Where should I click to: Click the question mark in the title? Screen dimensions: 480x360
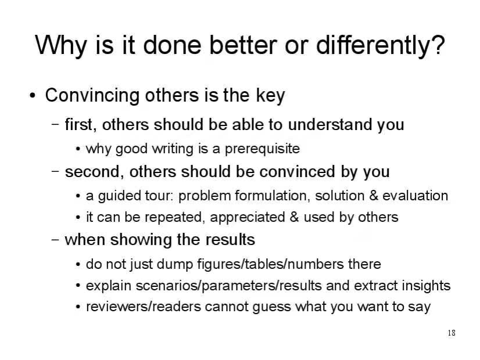(438, 45)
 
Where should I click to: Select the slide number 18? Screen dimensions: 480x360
(452, 333)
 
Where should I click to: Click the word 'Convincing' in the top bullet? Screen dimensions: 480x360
(92, 96)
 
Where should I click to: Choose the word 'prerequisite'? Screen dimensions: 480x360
(262, 149)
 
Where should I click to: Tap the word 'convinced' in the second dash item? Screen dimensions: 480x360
(297, 172)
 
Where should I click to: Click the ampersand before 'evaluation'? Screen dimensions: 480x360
(374, 196)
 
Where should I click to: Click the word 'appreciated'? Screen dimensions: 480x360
(248, 218)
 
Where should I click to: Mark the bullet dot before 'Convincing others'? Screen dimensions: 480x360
(33, 96)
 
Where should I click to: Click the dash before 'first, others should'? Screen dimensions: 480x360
(55, 124)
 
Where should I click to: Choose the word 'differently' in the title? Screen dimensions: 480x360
(373, 45)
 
